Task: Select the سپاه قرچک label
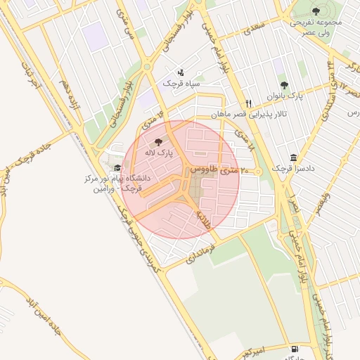tap(181, 83)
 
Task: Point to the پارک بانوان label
tap(285, 96)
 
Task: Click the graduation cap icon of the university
tap(117, 168)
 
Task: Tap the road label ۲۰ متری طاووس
tap(219, 170)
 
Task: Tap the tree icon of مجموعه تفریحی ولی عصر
tap(316, 11)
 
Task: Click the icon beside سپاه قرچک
tap(181, 72)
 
